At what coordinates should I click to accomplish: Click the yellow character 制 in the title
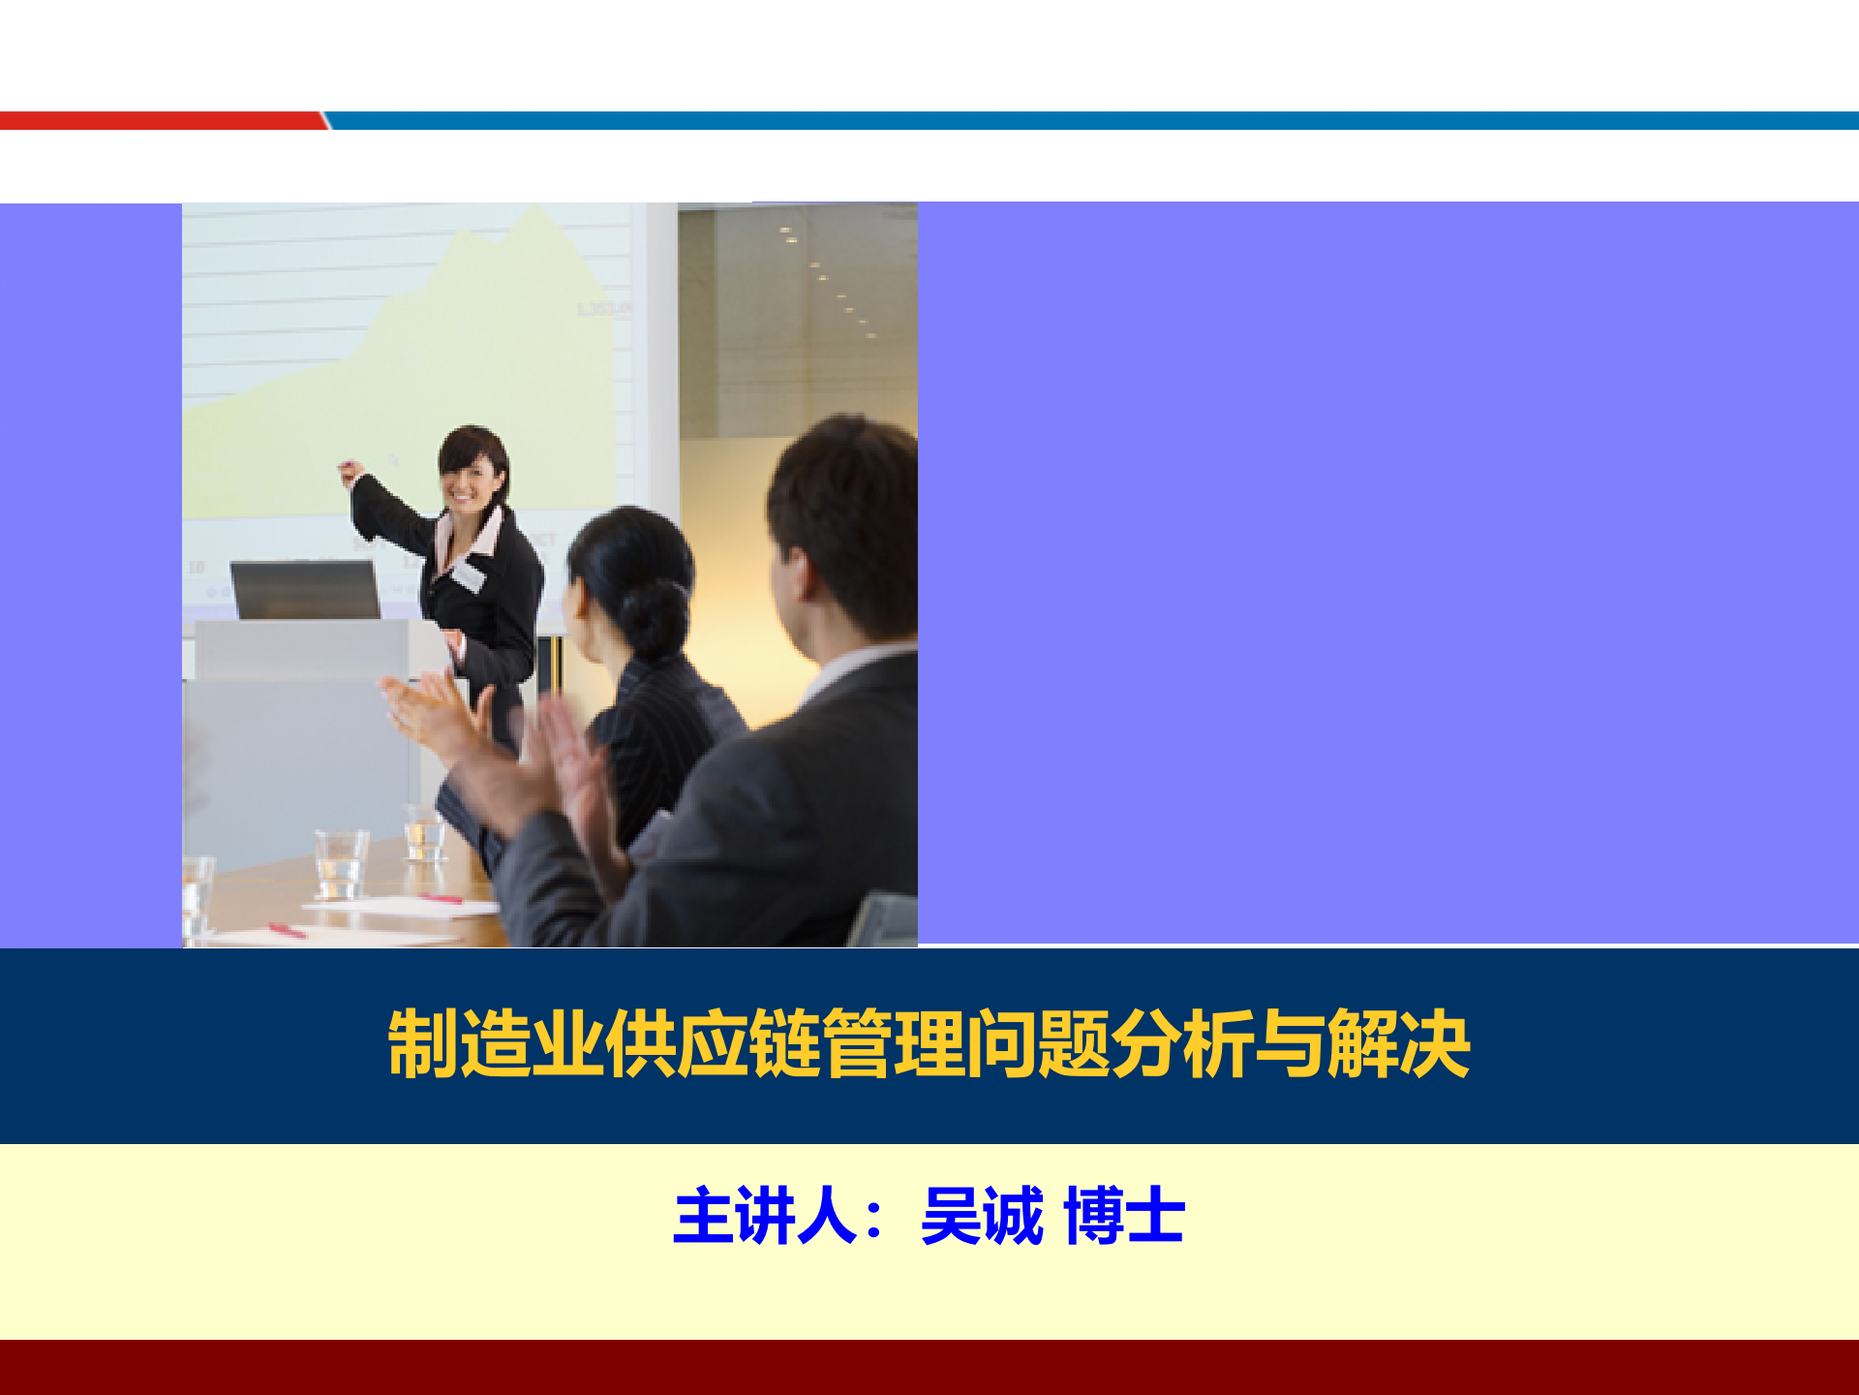[x=422, y=1044]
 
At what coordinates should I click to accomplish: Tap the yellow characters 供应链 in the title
[x=713, y=1044]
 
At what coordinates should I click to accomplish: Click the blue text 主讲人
[x=765, y=1216]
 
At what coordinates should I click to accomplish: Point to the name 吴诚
[x=982, y=1216]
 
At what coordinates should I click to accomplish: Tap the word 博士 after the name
[x=1123, y=1216]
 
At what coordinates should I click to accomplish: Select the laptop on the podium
[x=306, y=589]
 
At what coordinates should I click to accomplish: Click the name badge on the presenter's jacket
[x=467, y=575]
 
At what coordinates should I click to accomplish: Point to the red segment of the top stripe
[x=160, y=120]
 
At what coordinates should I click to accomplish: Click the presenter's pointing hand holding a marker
[x=349, y=472]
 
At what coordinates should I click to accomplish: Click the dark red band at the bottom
[x=929, y=1367]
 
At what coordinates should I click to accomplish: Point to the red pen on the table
[x=287, y=930]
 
